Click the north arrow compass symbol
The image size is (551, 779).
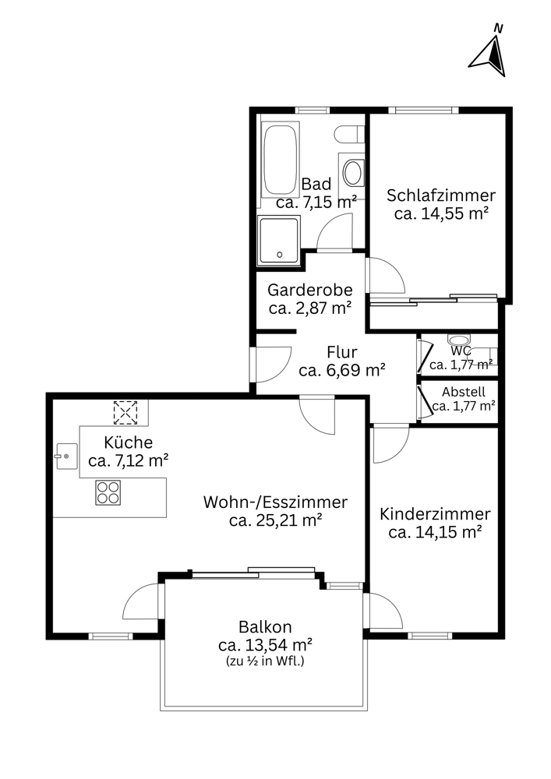pos(489,55)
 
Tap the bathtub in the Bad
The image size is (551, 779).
pos(281,160)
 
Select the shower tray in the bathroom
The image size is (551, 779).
pos(279,241)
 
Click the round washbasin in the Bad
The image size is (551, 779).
pos(353,172)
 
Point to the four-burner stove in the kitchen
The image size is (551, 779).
pos(108,493)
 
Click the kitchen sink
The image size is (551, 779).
pos(66,456)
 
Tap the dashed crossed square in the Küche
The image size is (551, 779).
pos(125,412)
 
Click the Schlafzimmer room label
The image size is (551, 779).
pos(441,196)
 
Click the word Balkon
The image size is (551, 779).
pos(265,627)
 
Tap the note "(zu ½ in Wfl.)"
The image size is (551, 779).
pos(265,661)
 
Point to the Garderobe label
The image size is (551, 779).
pos(310,290)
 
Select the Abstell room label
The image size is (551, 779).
pos(464,392)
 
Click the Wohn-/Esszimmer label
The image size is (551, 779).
pos(275,502)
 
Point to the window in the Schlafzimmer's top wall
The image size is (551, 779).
pos(423,111)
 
